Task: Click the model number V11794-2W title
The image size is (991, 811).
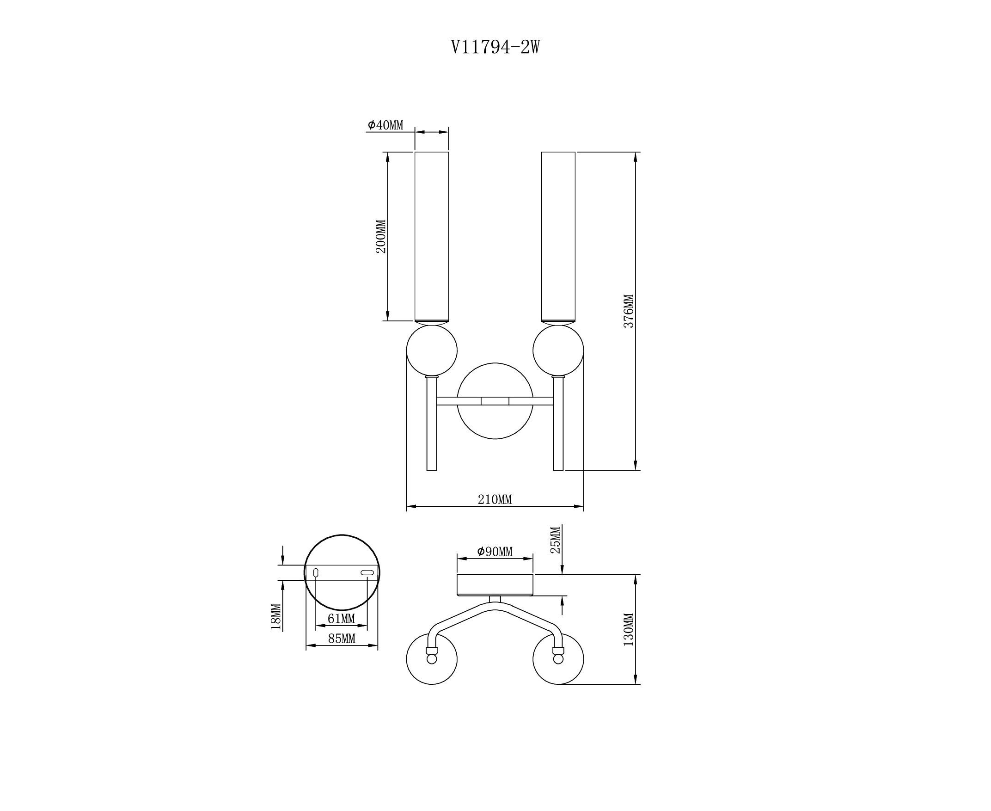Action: click(495, 47)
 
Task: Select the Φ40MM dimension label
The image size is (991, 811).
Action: click(385, 125)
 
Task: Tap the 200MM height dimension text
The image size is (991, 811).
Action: click(381, 236)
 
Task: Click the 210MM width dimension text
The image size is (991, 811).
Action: click(495, 499)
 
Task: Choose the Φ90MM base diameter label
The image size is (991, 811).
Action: click(495, 552)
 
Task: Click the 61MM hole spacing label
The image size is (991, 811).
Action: click(342, 619)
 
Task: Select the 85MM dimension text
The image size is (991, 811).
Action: click(342, 638)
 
